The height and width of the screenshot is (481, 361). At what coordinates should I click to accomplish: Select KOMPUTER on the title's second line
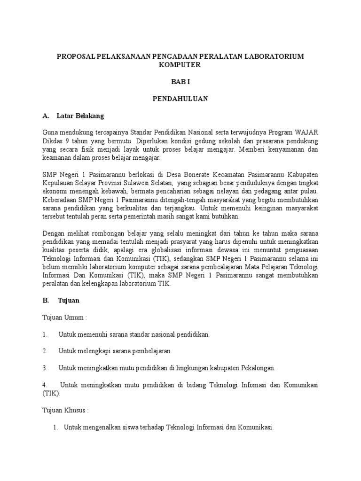pyautogui.click(x=180, y=65)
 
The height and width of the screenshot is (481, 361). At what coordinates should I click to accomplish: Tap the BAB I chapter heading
pyautogui.click(x=180, y=82)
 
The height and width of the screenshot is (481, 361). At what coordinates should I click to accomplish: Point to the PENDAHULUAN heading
pyautogui.click(x=180, y=99)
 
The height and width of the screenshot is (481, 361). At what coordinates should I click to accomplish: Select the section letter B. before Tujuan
pyautogui.click(x=46, y=301)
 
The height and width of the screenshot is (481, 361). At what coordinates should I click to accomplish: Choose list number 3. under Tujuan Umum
pyautogui.click(x=45, y=367)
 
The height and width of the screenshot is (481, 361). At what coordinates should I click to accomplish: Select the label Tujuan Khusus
pyautogui.click(x=64, y=410)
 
